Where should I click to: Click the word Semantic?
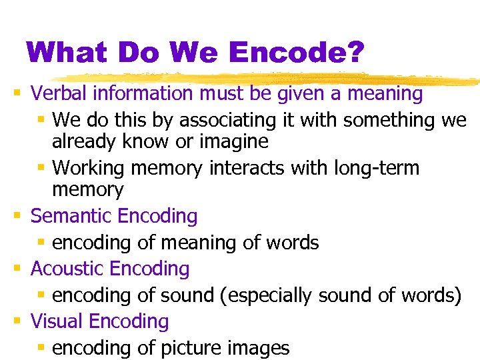pyautogui.click(x=71, y=216)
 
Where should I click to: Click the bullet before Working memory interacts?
pyautogui.click(x=41, y=168)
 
